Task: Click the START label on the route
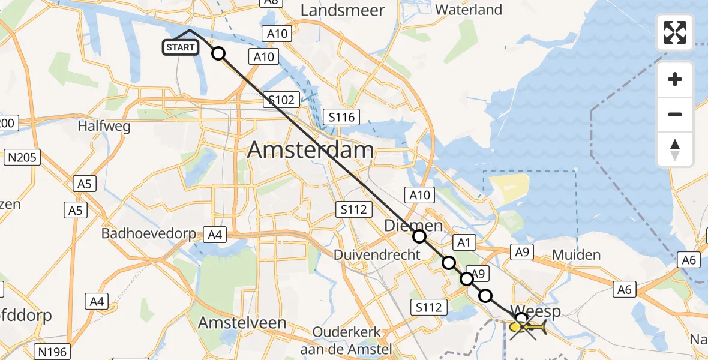tap(180, 47)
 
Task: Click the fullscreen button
tap(675, 32)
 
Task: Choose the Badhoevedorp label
tap(149, 233)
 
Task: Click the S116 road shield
tap(340, 117)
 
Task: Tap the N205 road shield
tap(23, 158)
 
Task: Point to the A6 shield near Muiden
tap(625, 290)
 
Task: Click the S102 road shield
tap(281, 100)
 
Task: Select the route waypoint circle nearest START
tap(218, 53)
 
